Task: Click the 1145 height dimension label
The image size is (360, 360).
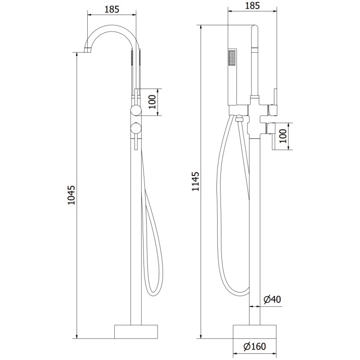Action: point(195,181)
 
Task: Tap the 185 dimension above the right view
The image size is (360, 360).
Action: point(253,5)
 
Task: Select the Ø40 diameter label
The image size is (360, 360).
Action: point(272,299)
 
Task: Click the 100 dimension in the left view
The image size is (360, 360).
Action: point(153,102)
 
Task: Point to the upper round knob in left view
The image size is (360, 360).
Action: point(135,112)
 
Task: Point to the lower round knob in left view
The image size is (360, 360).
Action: point(135,129)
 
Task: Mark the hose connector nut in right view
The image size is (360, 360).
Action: point(238,120)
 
